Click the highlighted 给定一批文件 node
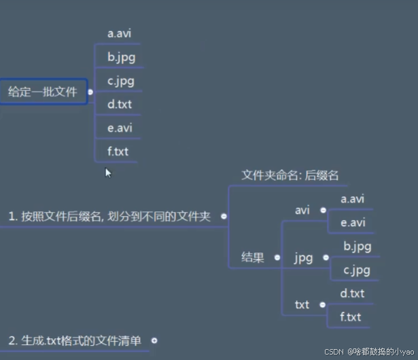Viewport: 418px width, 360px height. [43, 92]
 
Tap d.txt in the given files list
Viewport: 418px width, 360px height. [120, 105]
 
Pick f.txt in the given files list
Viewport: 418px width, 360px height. [118, 151]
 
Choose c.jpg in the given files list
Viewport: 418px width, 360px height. [121, 81]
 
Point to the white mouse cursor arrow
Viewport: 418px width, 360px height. [107, 173]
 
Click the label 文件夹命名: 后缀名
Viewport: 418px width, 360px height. [290, 175]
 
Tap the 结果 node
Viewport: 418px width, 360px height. [253, 257]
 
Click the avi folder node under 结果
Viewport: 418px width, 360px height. [302, 210]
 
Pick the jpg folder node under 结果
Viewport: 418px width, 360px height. [303, 258]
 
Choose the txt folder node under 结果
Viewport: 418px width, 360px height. [302, 305]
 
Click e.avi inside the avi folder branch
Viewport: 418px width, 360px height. [352, 223]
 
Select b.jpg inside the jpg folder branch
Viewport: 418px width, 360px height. [357, 246]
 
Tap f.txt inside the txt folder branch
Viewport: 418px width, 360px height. [351, 317]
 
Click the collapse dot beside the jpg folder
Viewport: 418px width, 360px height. [326, 258]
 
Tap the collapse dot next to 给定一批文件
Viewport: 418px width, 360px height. [90, 92]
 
